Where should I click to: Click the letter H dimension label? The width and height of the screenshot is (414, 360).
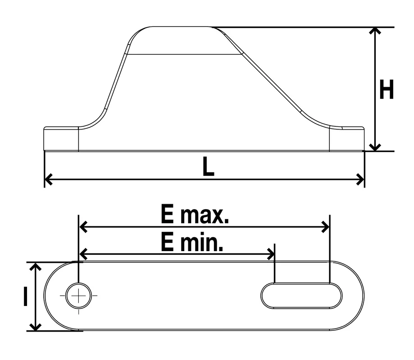coord(386,89)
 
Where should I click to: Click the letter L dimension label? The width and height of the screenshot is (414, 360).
coord(208,166)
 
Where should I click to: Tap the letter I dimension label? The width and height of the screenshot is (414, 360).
coord(25,297)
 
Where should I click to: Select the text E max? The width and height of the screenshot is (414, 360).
coord(195,214)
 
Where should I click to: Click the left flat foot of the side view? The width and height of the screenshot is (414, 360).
coord(61,139)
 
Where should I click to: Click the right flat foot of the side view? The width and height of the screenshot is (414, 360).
coord(347,139)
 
